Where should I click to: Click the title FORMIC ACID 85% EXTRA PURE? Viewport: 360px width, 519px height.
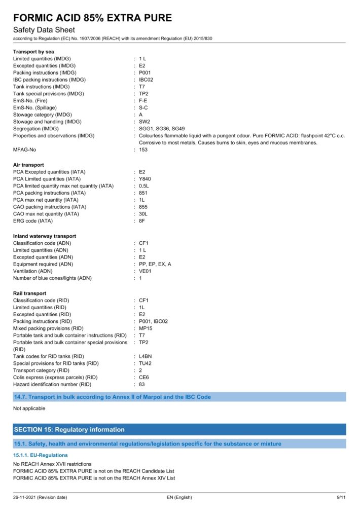pos(92,18)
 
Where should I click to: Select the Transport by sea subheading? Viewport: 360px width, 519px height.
pos(33,52)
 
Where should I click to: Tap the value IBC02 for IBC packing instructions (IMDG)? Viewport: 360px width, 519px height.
pos(146,80)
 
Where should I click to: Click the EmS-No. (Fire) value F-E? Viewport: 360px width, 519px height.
pos(143,101)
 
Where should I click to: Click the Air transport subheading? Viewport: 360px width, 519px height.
pos(28,165)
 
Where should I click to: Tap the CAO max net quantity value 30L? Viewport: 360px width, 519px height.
pos(143,214)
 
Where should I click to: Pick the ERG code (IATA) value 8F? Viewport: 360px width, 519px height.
pos(142,221)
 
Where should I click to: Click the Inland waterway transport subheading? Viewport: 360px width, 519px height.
pos(45,236)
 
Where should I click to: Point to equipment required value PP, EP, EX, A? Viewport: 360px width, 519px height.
pos(155,264)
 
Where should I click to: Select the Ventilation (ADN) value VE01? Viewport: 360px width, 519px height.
pos(145,271)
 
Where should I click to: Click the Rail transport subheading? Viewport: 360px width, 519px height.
pos(29,293)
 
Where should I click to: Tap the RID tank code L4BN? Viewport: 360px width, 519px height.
pos(145,356)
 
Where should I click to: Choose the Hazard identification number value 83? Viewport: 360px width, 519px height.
pos(142,384)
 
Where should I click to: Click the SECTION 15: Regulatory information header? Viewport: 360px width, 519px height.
pos(69,429)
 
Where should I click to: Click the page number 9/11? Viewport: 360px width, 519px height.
pos(341,497)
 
